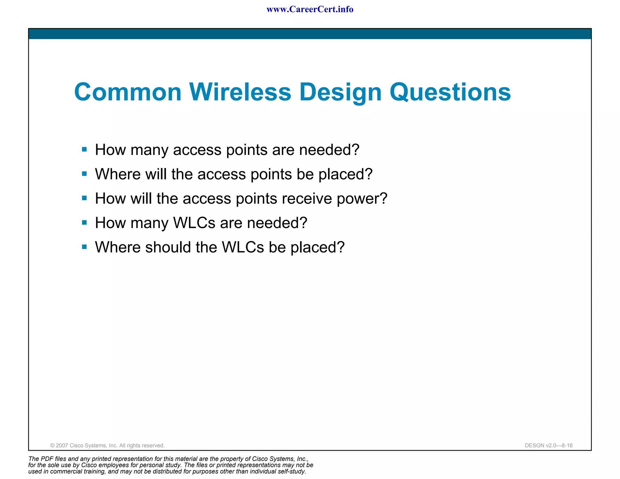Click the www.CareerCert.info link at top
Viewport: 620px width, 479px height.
(x=310, y=9)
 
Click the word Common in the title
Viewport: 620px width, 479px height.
(x=127, y=92)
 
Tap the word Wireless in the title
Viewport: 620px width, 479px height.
(x=240, y=92)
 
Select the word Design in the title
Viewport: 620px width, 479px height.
(x=340, y=93)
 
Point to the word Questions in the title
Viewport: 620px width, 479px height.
(x=450, y=93)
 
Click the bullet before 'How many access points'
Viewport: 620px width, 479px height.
(x=84, y=149)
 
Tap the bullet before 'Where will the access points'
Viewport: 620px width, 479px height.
(x=84, y=174)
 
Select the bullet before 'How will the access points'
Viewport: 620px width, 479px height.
(x=84, y=198)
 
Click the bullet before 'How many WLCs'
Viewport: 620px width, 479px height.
(x=84, y=223)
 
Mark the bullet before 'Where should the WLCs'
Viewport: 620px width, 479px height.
(x=84, y=247)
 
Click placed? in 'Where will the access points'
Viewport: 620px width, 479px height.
(x=345, y=174)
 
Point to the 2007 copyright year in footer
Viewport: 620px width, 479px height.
(x=62, y=445)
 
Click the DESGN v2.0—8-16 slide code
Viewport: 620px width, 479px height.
(x=549, y=445)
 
